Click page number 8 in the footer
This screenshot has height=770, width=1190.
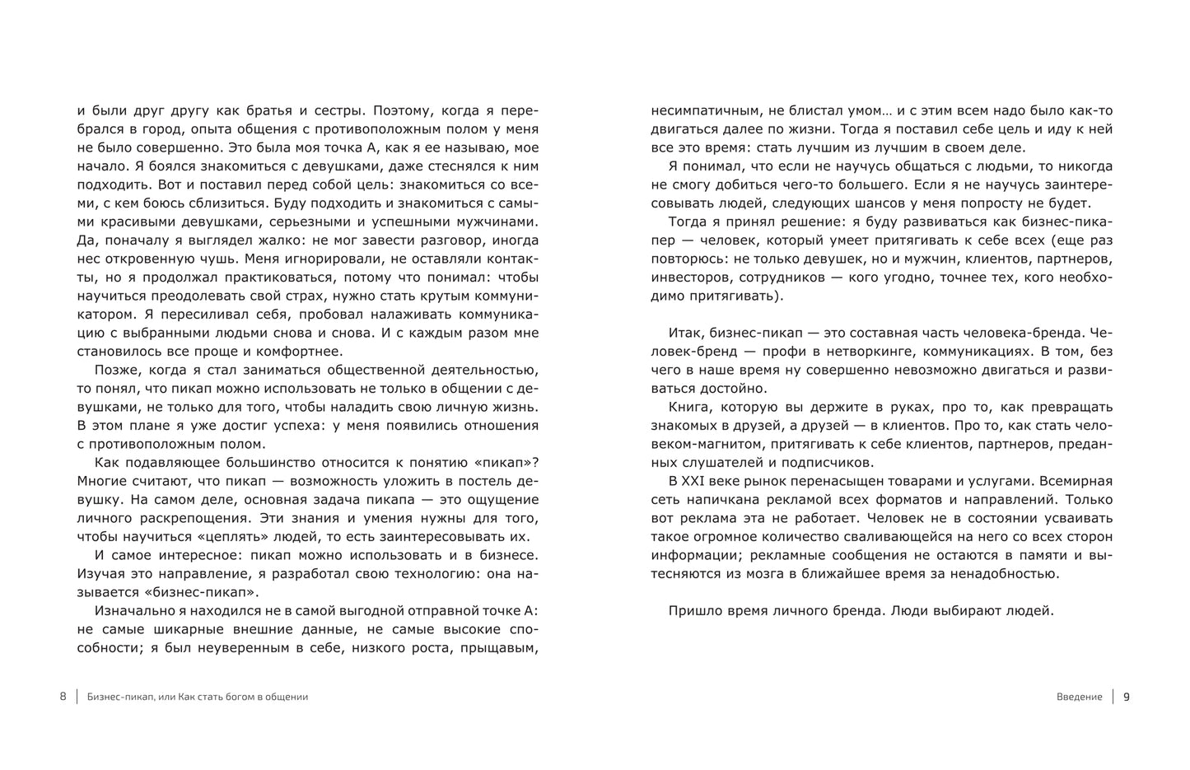63,697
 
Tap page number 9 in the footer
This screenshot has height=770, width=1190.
1127,697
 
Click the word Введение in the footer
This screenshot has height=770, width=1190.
1079,697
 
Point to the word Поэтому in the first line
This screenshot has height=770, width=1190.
402,110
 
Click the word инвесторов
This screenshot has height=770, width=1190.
688,277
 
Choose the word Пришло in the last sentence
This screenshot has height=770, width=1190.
693,611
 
